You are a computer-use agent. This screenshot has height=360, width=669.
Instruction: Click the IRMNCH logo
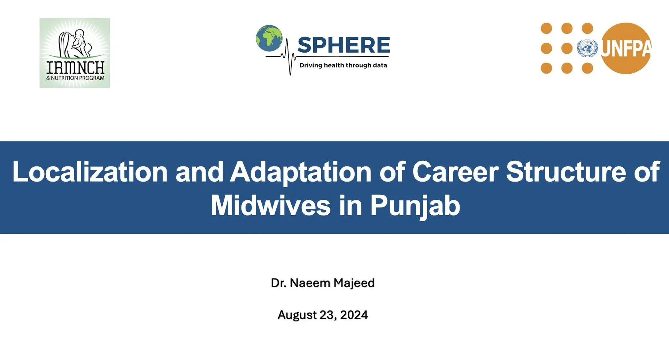(x=75, y=53)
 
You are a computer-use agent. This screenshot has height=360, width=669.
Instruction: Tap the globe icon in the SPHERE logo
(x=269, y=38)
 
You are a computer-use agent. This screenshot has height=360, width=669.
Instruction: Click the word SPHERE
(x=344, y=45)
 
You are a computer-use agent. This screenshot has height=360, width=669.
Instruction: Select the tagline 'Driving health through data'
(x=343, y=65)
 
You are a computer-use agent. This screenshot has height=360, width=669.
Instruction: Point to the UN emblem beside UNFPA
(x=587, y=48)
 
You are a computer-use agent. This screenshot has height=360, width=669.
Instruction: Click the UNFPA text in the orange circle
(x=626, y=48)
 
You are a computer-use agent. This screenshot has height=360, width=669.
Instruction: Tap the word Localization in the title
(x=90, y=171)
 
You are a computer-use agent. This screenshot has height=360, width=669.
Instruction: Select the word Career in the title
(x=455, y=171)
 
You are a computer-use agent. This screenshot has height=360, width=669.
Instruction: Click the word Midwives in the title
(x=271, y=205)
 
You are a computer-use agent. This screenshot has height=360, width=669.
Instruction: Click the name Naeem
(x=310, y=283)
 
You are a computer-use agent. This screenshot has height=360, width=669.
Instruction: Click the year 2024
(x=354, y=315)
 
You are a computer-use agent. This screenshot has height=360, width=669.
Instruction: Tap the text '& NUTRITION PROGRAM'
(x=75, y=78)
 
